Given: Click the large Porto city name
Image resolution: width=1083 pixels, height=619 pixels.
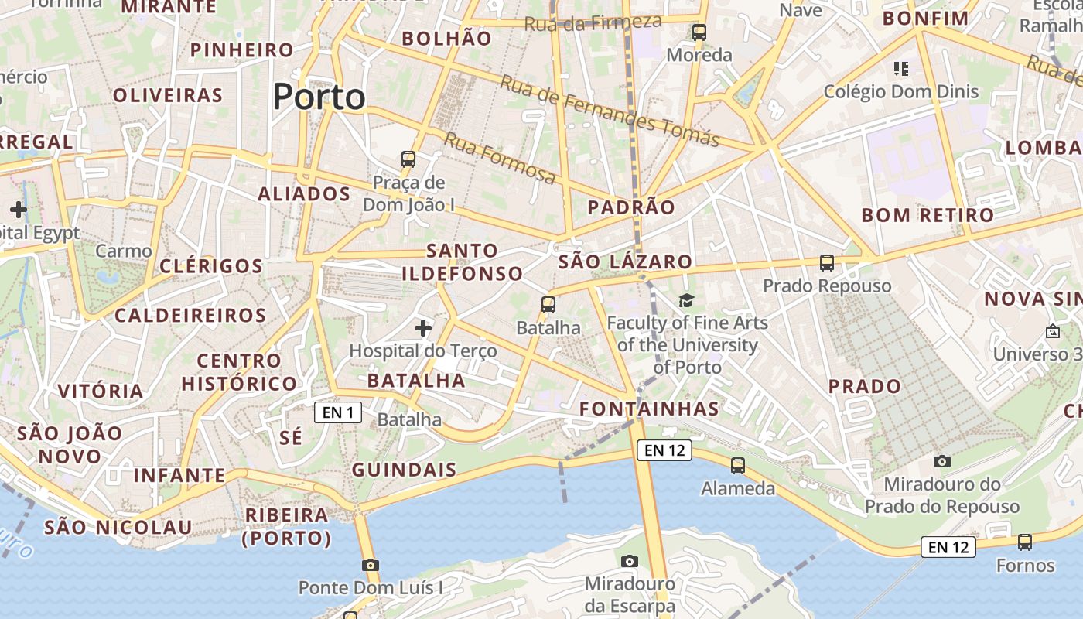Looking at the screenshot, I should click(x=319, y=97).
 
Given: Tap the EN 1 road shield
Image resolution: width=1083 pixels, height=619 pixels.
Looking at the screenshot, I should click(x=338, y=412).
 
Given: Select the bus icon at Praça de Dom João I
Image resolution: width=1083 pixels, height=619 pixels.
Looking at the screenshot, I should click(x=408, y=160).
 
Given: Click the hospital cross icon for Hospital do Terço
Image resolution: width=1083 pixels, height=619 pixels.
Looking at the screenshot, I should click(x=422, y=328).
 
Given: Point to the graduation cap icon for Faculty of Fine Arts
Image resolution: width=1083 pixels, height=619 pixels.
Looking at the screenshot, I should click(x=686, y=300).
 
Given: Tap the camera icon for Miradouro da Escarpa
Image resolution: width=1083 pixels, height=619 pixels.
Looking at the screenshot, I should click(x=630, y=561).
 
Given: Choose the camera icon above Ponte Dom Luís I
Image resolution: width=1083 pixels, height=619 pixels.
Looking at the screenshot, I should click(x=371, y=565).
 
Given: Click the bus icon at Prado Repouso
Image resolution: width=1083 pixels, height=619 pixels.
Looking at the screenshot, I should click(x=827, y=263).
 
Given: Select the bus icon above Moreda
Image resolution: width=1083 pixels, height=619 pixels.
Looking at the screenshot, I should click(x=699, y=32).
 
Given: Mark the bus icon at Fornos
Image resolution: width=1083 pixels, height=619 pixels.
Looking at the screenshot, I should click(x=1025, y=542).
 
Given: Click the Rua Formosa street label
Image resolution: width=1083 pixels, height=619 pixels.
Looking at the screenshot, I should click(x=500, y=159).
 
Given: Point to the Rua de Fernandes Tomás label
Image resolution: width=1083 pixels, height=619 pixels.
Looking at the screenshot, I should click(x=610, y=111).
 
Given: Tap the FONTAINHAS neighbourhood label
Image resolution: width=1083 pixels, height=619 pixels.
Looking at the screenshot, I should click(x=649, y=409).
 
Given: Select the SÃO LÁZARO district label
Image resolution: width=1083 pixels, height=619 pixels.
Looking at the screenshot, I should click(x=625, y=262).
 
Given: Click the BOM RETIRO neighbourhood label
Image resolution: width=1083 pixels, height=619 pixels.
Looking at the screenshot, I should click(x=928, y=215).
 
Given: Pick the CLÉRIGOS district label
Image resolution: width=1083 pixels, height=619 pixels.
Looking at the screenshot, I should click(x=211, y=266).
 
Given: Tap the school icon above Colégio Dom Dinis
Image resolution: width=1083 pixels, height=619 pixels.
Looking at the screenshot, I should click(x=900, y=69).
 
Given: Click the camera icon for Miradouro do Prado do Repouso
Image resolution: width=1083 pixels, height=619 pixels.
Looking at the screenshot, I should click(x=941, y=462).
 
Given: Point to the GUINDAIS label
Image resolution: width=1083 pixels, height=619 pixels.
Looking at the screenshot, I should click(x=404, y=470).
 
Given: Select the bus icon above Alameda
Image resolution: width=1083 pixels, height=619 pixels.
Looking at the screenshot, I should click(x=738, y=466).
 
